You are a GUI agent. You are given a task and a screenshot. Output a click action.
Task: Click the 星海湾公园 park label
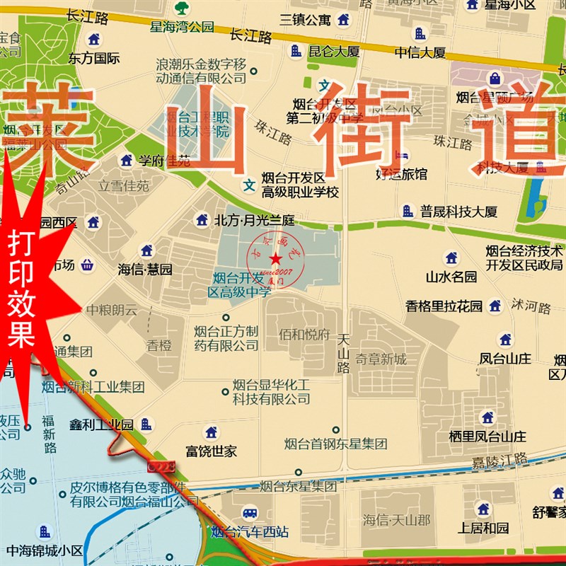pyautogui.click(x=181, y=28)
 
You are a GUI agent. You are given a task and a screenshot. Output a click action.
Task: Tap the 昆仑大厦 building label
pyautogui.click(x=335, y=51)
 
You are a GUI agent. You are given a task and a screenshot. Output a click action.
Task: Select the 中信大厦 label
pyautogui.click(x=420, y=52)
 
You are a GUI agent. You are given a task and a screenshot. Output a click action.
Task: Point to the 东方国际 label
pyautogui.click(x=93, y=59)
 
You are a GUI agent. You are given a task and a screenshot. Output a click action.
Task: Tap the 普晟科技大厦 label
pyautogui.click(x=458, y=211)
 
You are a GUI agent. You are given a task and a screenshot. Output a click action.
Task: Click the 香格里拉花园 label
pyautogui.click(x=444, y=306)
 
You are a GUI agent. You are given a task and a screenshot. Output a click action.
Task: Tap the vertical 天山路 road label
pyautogui.click(x=344, y=353)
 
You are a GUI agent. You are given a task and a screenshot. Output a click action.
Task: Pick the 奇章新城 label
pyautogui.click(x=381, y=359)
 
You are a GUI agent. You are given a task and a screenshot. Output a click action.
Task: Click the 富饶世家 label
pyautogui.click(x=212, y=451)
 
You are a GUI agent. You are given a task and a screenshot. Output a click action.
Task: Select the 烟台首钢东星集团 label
pyautogui.click(x=335, y=444)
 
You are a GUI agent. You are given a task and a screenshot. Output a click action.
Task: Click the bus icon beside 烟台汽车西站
pyautogui.click(x=249, y=513)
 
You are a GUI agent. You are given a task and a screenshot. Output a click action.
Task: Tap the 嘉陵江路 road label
pyautogui.click(x=499, y=460)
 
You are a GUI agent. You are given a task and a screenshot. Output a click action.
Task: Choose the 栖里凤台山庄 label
pyautogui.click(x=487, y=436)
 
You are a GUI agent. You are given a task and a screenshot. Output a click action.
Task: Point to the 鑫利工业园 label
pyautogui.click(x=101, y=424)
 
